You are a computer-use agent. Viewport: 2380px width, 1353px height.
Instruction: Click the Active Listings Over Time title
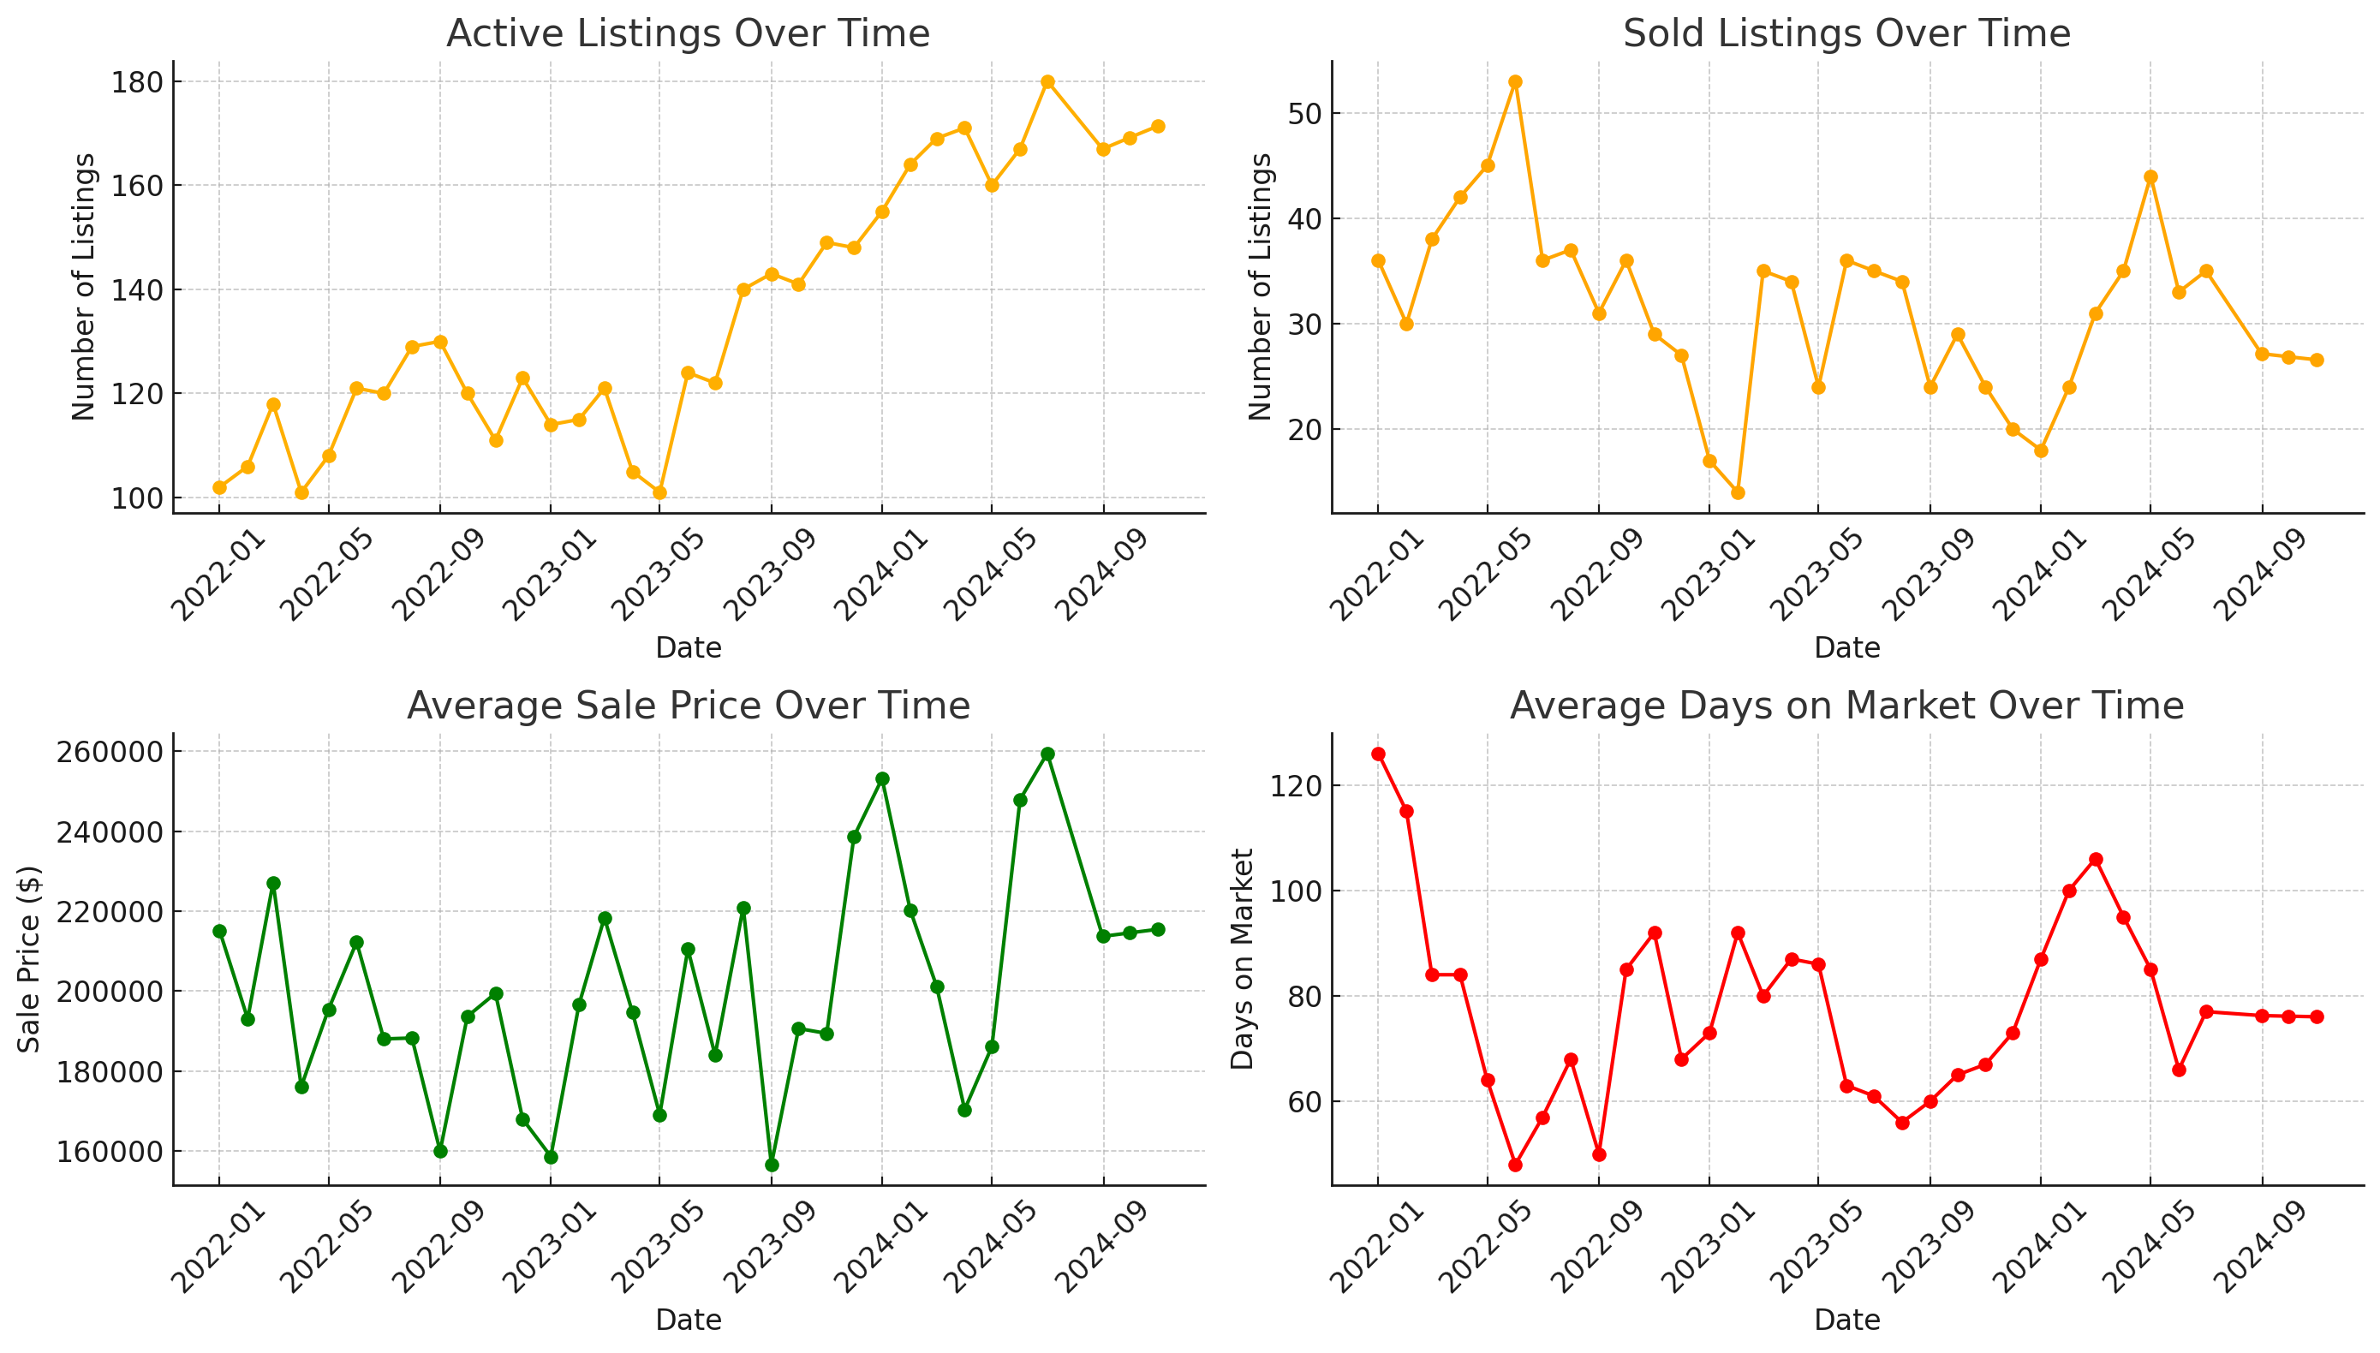click(x=688, y=33)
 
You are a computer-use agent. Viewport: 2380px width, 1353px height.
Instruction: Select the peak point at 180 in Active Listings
click(x=1047, y=81)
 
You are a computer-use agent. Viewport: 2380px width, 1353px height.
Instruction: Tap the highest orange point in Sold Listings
click(x=1515, y=81)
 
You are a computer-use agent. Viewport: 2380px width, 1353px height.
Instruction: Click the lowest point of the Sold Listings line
click(x=1737, y=492)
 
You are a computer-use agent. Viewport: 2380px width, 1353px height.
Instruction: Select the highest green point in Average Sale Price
click(x=1047, y=754)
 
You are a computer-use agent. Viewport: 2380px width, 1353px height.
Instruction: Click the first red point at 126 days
click(x=1377, y=754)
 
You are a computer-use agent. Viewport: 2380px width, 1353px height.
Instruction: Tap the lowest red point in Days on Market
click(x=1515, y=1165)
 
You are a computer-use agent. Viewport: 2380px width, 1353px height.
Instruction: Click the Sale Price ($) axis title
click(x=30, y=958)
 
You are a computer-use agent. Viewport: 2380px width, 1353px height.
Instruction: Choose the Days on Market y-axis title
click(x=1243, y=958)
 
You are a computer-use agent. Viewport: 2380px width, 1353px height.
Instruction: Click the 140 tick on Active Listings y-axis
click(x=137, y=290)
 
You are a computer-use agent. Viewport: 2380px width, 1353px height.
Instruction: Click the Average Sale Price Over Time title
click(x=688, y=706)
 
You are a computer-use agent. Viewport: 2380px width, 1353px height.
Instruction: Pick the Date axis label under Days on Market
click(x=1846, y=1320)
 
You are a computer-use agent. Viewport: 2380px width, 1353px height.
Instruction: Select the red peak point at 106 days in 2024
click(x=2095, y=860)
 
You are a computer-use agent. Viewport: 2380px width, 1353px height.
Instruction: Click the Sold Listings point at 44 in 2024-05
click(x=2150, y=176)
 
